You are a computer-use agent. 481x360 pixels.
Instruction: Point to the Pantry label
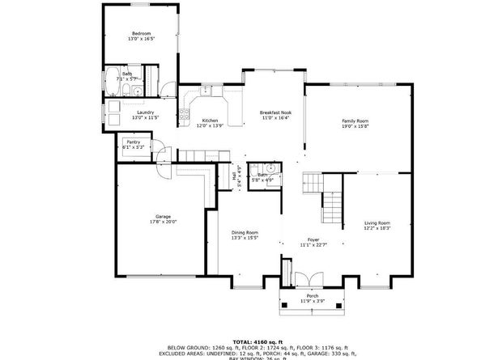coord(133,142)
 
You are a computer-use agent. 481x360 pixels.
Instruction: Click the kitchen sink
coord(207,91)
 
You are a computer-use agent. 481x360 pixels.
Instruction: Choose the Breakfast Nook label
coord(275,112)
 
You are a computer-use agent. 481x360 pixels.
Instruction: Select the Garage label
coord(163,216)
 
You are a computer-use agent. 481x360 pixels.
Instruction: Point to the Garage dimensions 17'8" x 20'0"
coord(163,222)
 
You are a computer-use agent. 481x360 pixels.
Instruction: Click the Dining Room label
coord(245,232)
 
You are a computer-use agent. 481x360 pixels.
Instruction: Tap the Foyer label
coord(312,239)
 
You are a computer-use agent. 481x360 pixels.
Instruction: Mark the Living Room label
coord(377,222)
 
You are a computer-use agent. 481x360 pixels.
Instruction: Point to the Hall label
coord(235,175)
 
